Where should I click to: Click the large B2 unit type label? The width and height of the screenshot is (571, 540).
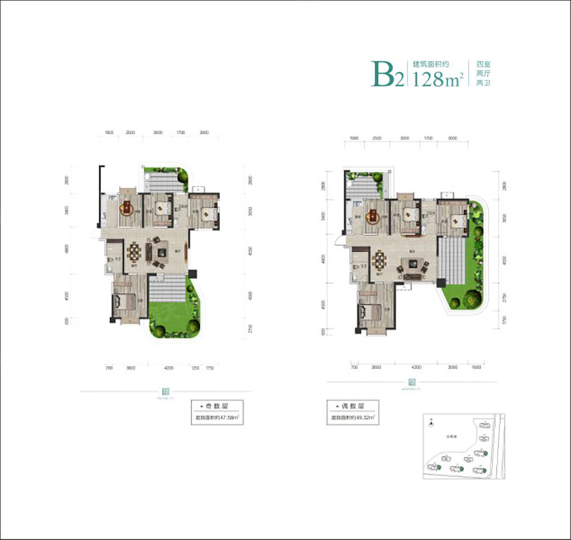[x=387, y=75]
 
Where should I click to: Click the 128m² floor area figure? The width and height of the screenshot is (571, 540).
[x=438, y=80]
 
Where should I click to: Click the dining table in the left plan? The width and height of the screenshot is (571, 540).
[x=135, y=251]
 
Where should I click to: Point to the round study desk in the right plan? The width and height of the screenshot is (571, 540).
[x=373, y=215]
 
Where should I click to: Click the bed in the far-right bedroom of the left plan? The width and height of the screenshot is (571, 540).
[x=208, y=215]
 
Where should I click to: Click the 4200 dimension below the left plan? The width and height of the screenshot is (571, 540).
[x=168, y=368]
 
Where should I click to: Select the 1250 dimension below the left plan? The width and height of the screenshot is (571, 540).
[x=194, y=368]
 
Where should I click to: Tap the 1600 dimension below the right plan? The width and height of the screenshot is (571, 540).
[x=476, y=368]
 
